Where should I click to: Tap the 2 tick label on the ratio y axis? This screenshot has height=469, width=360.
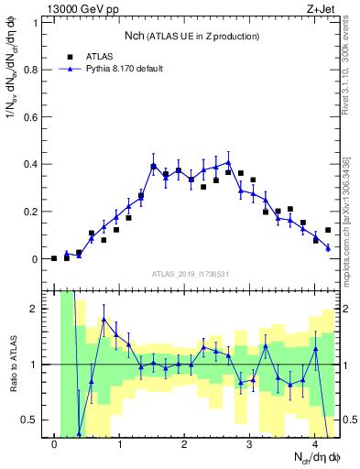pyautogui.click(x=38, y=309)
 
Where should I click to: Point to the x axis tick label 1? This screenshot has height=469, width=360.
pyautogui.click(x=120, y=444)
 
